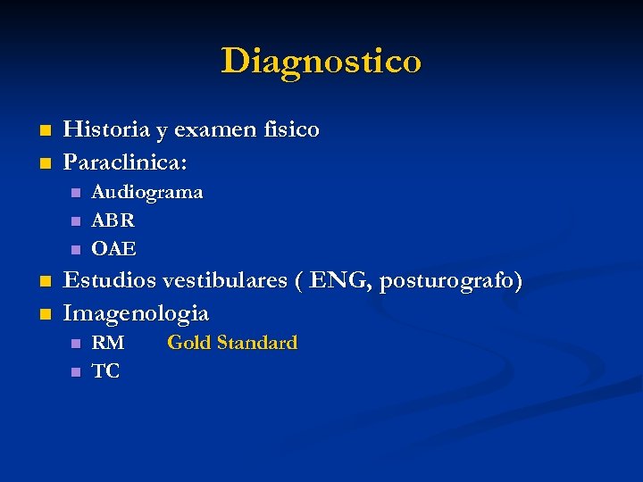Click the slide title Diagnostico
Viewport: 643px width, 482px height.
(x=321, y=62)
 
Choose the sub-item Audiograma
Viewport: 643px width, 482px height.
(x=147, y=192)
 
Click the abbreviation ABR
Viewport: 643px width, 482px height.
(x=113, y=220)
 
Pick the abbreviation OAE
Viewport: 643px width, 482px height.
(x=114, y=248)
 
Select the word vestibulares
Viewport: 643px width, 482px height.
(x=223, y=281)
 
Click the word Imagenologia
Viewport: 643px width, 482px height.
(x=136, y=314)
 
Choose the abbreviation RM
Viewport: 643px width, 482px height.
(x=108, y=343)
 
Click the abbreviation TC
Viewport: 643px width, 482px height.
(x=106, y=371)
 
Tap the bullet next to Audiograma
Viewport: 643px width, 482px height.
(x=76, y=193)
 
